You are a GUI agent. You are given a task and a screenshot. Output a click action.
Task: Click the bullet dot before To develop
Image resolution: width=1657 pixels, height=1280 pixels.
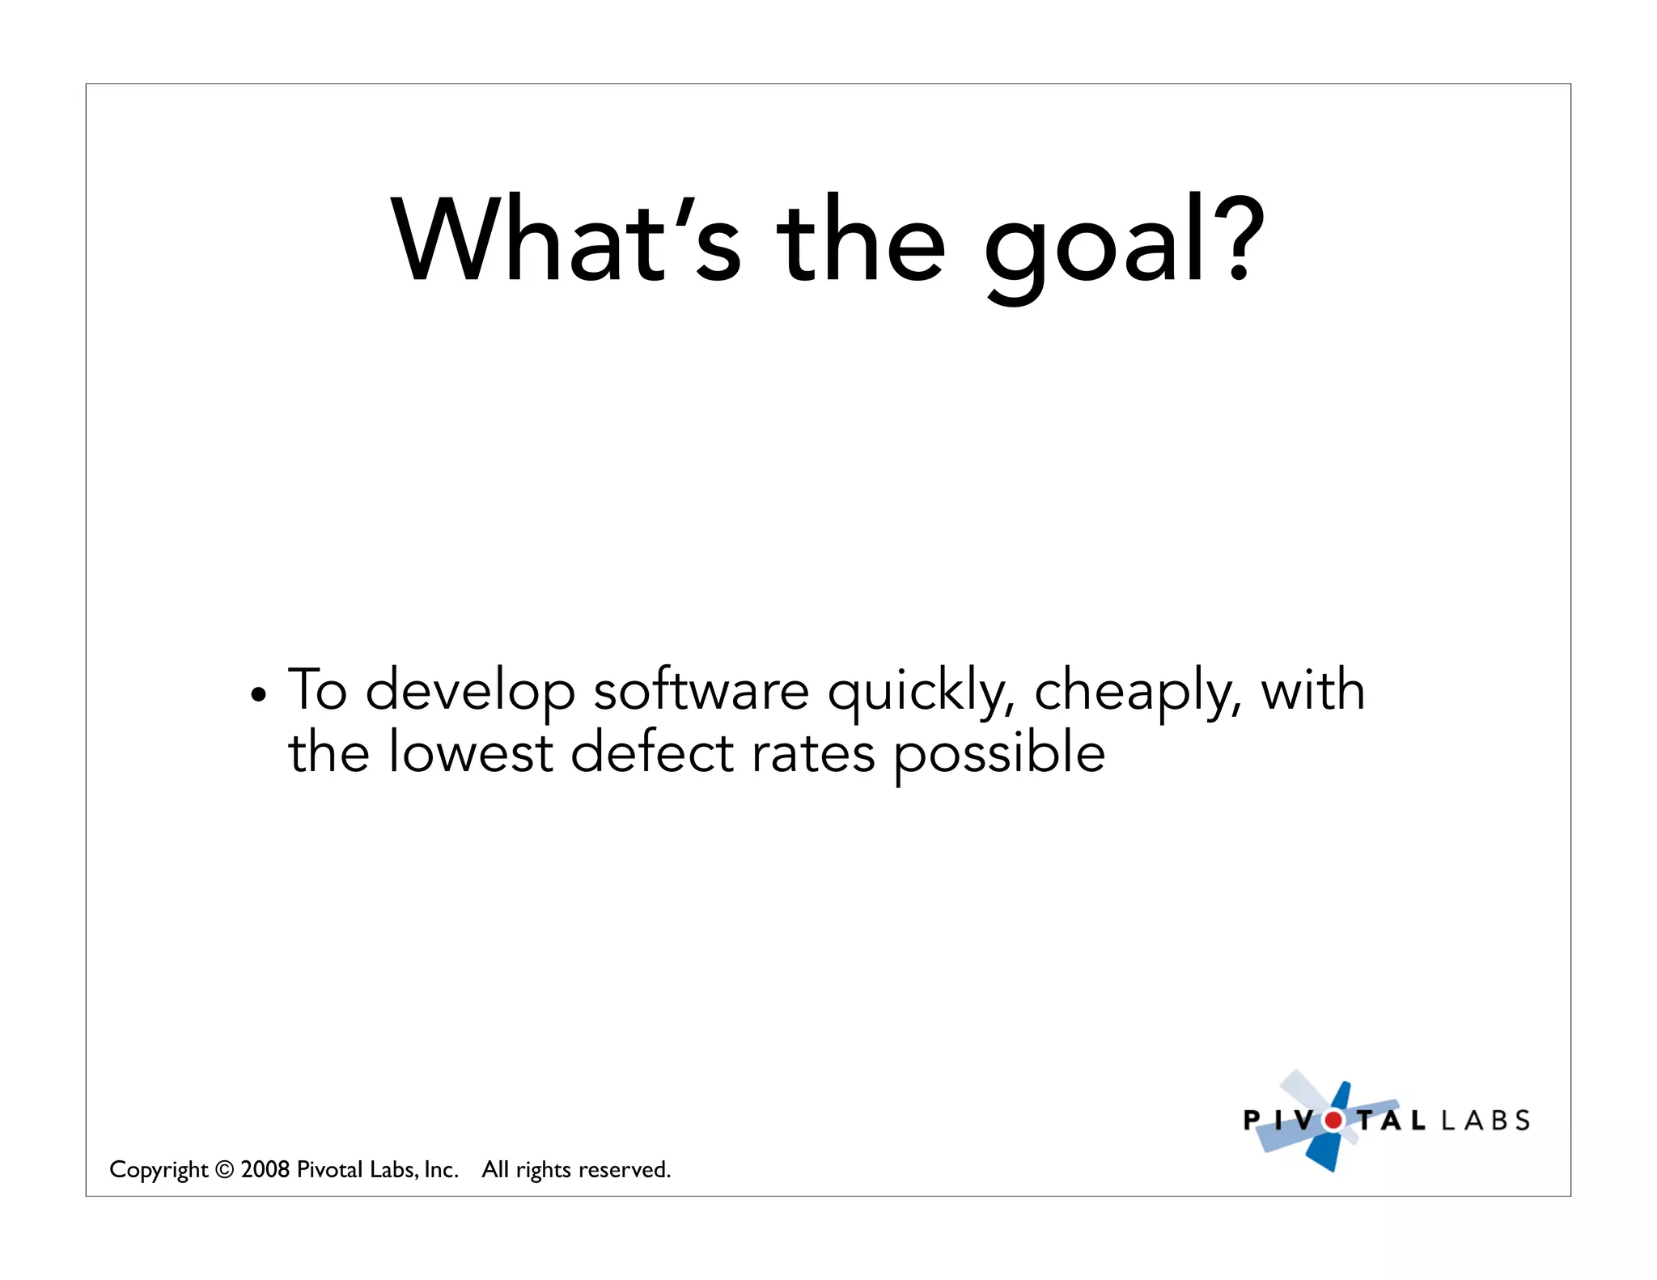coord(258,695)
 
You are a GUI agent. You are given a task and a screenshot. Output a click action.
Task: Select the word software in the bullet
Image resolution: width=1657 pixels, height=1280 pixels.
coord(701,691)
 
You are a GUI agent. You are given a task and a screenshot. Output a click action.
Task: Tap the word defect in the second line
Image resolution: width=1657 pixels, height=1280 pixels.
coord(651,752)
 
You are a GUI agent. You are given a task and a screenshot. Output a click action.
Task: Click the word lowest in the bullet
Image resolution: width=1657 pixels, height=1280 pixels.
coord(470,752)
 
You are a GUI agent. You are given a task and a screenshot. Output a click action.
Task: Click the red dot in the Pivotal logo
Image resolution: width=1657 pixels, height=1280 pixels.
coord(1333,1121)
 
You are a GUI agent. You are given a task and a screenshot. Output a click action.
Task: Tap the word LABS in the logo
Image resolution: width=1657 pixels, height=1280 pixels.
coord(1485,1121)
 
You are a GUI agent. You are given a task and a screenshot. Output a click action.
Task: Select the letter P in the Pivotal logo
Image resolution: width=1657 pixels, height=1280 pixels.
coord(1252,1121)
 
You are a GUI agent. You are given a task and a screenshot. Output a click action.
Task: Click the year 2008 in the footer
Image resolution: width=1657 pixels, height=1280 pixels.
coord(265,1169)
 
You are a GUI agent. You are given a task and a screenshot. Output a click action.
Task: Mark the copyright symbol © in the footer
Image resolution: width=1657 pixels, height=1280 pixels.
coord(225,1170)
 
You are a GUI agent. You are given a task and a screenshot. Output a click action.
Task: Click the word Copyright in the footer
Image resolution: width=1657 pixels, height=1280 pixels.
coord(159,1170)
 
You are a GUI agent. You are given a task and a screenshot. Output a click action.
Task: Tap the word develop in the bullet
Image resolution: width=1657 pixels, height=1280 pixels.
coord(470,693)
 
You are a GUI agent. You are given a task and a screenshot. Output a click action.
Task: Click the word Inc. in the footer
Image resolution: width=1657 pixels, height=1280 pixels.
coord(441,1170)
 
